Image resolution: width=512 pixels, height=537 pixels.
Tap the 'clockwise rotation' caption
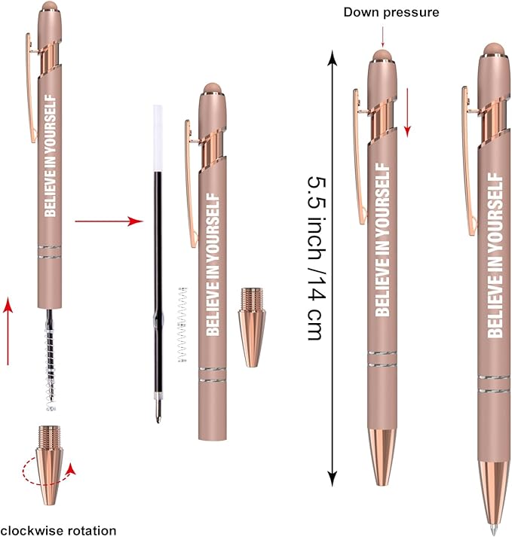[x=59, y=530]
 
